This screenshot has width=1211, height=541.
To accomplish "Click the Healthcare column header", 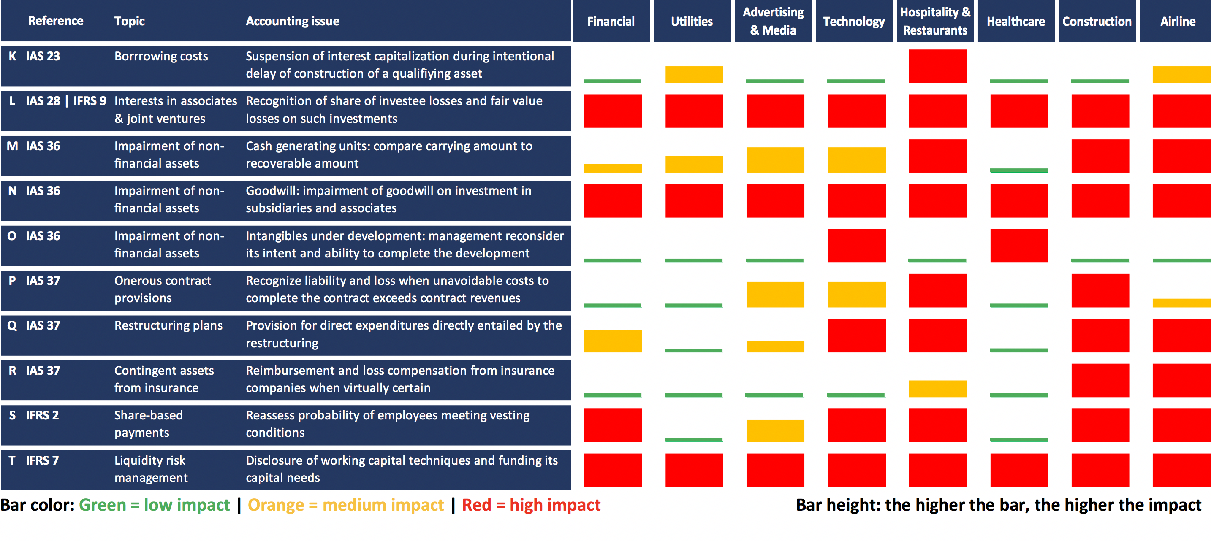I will tap(1016, 21).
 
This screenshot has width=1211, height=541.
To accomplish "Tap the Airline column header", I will tap(1177, 21).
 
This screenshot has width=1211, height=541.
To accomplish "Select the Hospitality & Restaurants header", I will tap(934, 21).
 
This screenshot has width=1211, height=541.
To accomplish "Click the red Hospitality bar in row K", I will tap(937, 66).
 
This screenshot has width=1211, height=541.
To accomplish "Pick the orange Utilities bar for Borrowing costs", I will tap(694, 74).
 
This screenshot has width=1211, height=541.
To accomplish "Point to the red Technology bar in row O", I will tap(857, 245).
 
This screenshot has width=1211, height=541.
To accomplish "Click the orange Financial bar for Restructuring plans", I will tap(613, 341).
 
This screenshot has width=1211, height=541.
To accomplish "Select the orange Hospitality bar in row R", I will tap(937, 388).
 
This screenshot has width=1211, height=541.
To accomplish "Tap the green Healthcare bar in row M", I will tap(1019, 170).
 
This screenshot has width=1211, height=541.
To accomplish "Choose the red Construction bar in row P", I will tap(1100, 290).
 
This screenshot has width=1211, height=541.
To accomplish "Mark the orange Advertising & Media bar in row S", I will tap(775, 430).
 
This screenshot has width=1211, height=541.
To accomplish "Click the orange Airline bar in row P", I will tap(1181, 303).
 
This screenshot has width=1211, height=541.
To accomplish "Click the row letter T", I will tap(12, 460).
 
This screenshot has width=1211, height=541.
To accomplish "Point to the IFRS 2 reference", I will tap(42, 415).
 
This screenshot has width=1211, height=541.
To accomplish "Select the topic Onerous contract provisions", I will tap(162, 289).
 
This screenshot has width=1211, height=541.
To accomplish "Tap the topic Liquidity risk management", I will tap(150, 468).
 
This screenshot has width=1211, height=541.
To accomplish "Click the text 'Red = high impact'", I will tap(531, 505).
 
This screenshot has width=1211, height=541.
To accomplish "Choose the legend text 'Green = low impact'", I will tap(154, 505).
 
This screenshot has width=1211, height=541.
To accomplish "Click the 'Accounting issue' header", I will tap(293, 21).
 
